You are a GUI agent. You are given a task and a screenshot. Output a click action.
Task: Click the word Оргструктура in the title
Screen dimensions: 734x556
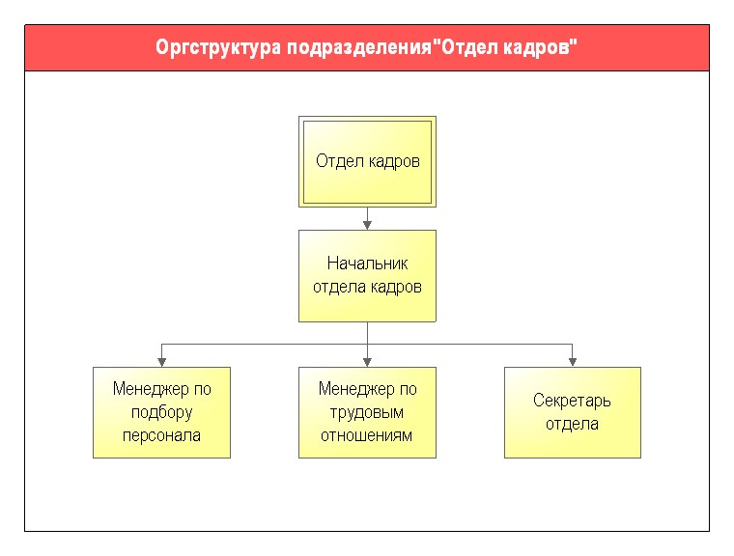[217, 48]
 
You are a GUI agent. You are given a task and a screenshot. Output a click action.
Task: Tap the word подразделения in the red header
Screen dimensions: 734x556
[358, 48]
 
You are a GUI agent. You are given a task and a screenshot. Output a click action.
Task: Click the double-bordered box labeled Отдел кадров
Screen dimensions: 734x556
[367, 161]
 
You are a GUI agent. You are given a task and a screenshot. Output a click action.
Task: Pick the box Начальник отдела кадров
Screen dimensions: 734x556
[367, 276]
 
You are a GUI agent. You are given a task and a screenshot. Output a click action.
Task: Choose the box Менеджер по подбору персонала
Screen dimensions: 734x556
[161, 412]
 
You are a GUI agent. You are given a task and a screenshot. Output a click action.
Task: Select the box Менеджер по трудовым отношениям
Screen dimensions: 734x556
[367, 412]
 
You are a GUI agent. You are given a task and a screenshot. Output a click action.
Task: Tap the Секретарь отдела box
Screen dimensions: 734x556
[573, 412]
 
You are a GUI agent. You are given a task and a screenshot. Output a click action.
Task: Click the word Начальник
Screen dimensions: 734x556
[367, 264]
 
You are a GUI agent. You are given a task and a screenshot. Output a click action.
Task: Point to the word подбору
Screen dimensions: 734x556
[162, 413]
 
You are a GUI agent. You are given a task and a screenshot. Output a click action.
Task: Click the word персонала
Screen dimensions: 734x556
[161, 435]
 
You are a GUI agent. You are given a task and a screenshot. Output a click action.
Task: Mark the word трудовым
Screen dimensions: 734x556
[367, 413]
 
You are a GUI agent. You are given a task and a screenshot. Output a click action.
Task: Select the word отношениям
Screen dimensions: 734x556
[367, 435]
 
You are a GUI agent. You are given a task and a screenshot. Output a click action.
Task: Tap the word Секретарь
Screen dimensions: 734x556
[572, 402]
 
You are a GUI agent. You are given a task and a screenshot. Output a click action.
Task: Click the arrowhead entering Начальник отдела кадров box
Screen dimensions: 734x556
[367, 225]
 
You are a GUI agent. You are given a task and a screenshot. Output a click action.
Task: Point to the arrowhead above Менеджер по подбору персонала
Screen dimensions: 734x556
[161, 362]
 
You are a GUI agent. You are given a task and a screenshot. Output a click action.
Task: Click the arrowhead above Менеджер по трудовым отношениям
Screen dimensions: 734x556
[367, 362]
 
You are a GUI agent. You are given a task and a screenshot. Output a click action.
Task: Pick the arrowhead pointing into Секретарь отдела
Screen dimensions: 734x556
[572, 362]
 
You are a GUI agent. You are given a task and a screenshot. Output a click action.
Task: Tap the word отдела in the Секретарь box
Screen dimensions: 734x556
[572, 424]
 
